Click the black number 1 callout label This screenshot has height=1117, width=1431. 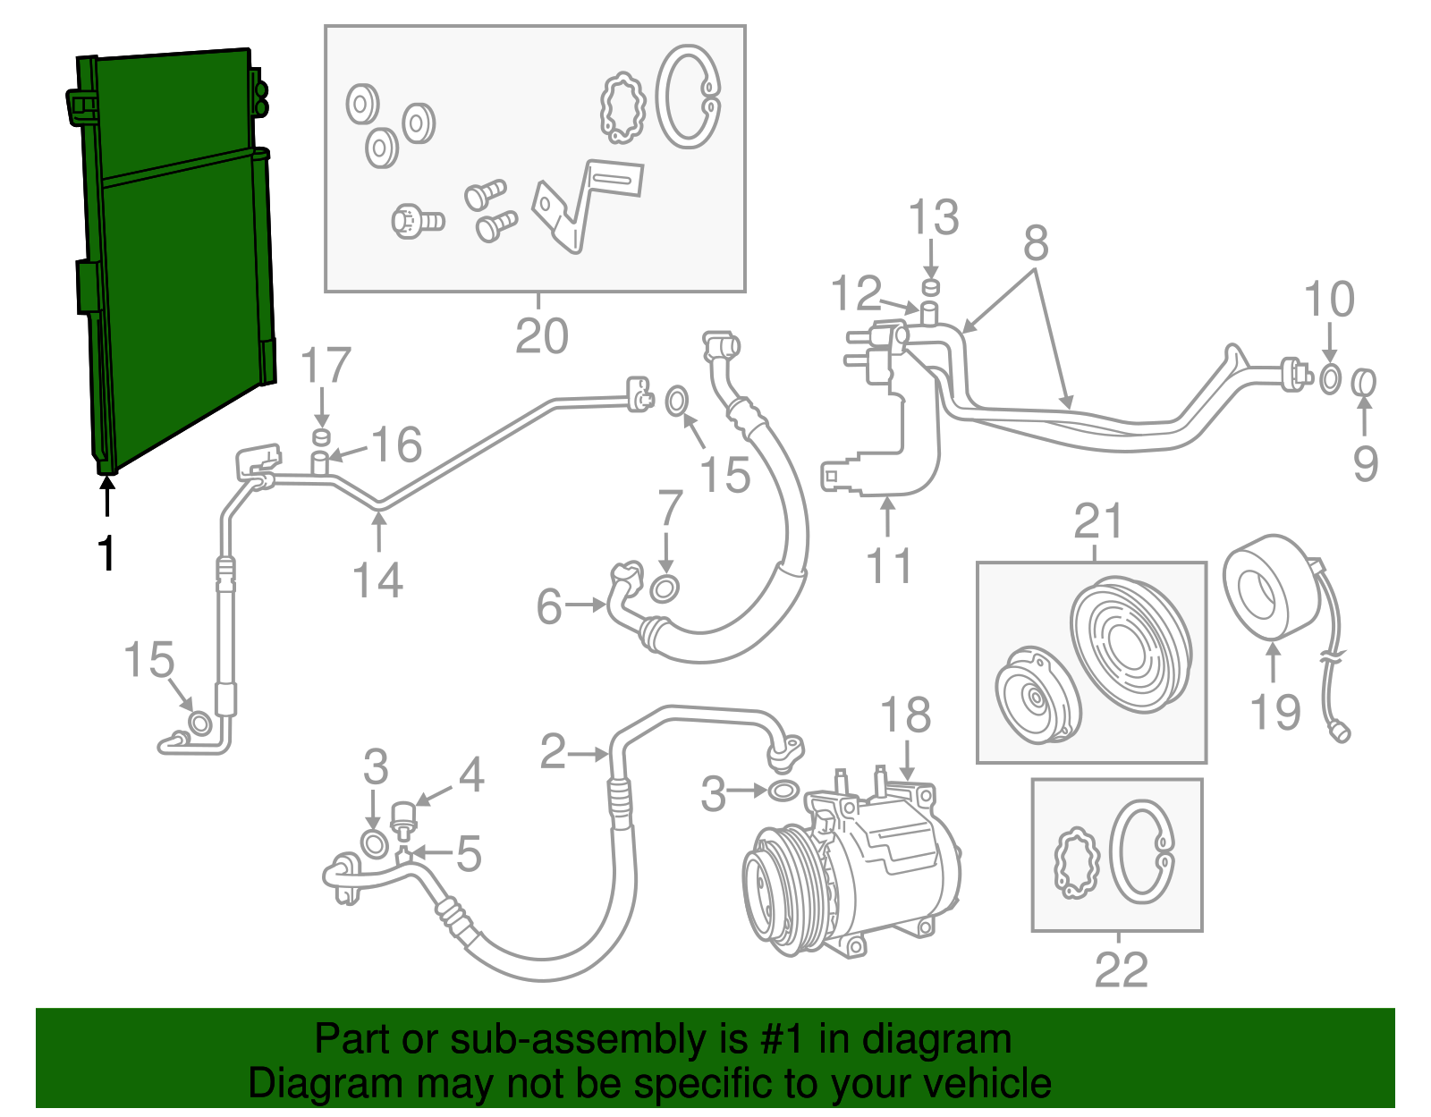[106, 554]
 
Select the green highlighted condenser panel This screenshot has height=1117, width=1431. [179, 268]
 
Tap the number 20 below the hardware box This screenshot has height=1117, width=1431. [542, 337]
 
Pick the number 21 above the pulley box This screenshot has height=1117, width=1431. [1098, 521]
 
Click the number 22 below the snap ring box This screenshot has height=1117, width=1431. [1122, 969]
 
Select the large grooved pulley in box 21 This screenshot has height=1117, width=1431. [1131, 644]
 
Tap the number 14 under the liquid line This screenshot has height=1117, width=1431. [378, 580]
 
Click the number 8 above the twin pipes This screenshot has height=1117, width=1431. [1036, 242]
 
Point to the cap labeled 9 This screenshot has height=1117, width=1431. [1363, 383]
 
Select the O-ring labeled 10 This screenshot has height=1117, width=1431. [1330, 378]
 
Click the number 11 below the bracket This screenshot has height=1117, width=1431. [890, 566]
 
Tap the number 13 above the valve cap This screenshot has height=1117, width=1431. [934, 218]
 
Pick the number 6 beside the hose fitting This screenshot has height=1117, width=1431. [548, 606]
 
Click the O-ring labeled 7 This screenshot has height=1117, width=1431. [665, 588]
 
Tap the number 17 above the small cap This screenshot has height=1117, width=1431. [325, 367]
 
